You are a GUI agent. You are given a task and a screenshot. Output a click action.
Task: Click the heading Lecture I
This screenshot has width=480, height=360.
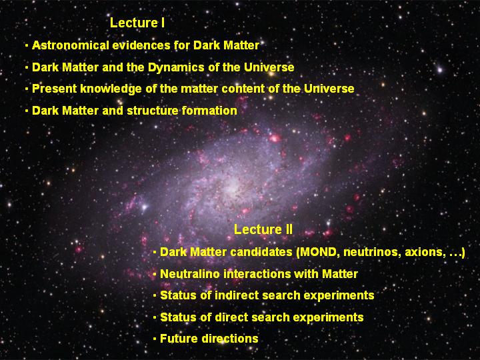(137, 23)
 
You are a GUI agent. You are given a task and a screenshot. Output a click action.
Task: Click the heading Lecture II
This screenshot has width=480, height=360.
(263, 229)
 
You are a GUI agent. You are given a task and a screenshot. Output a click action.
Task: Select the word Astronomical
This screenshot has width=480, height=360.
(71, 45)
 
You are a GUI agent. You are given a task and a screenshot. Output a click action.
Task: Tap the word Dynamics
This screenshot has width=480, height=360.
(176, 67)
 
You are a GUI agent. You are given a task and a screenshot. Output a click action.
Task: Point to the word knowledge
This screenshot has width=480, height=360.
(111, 89)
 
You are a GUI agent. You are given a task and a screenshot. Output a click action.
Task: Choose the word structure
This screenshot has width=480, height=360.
(152, 111)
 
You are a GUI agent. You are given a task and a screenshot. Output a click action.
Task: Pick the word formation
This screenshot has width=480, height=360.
(209, 111)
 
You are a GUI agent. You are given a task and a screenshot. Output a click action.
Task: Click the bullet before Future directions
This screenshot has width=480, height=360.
(155, 339)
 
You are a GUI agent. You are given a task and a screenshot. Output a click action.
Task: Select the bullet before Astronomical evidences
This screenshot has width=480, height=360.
(27, 45)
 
